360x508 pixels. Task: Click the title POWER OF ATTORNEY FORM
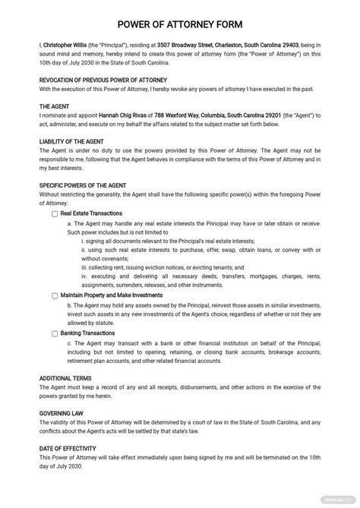179,23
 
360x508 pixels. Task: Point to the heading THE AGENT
55,106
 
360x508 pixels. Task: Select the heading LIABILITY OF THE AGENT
77,141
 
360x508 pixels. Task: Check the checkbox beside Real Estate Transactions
55,214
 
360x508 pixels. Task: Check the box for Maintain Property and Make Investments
55,295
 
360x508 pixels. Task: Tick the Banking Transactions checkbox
55,333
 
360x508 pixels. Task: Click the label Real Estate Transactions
93,214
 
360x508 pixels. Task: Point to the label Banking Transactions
87,333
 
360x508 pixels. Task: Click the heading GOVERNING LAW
62,414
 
